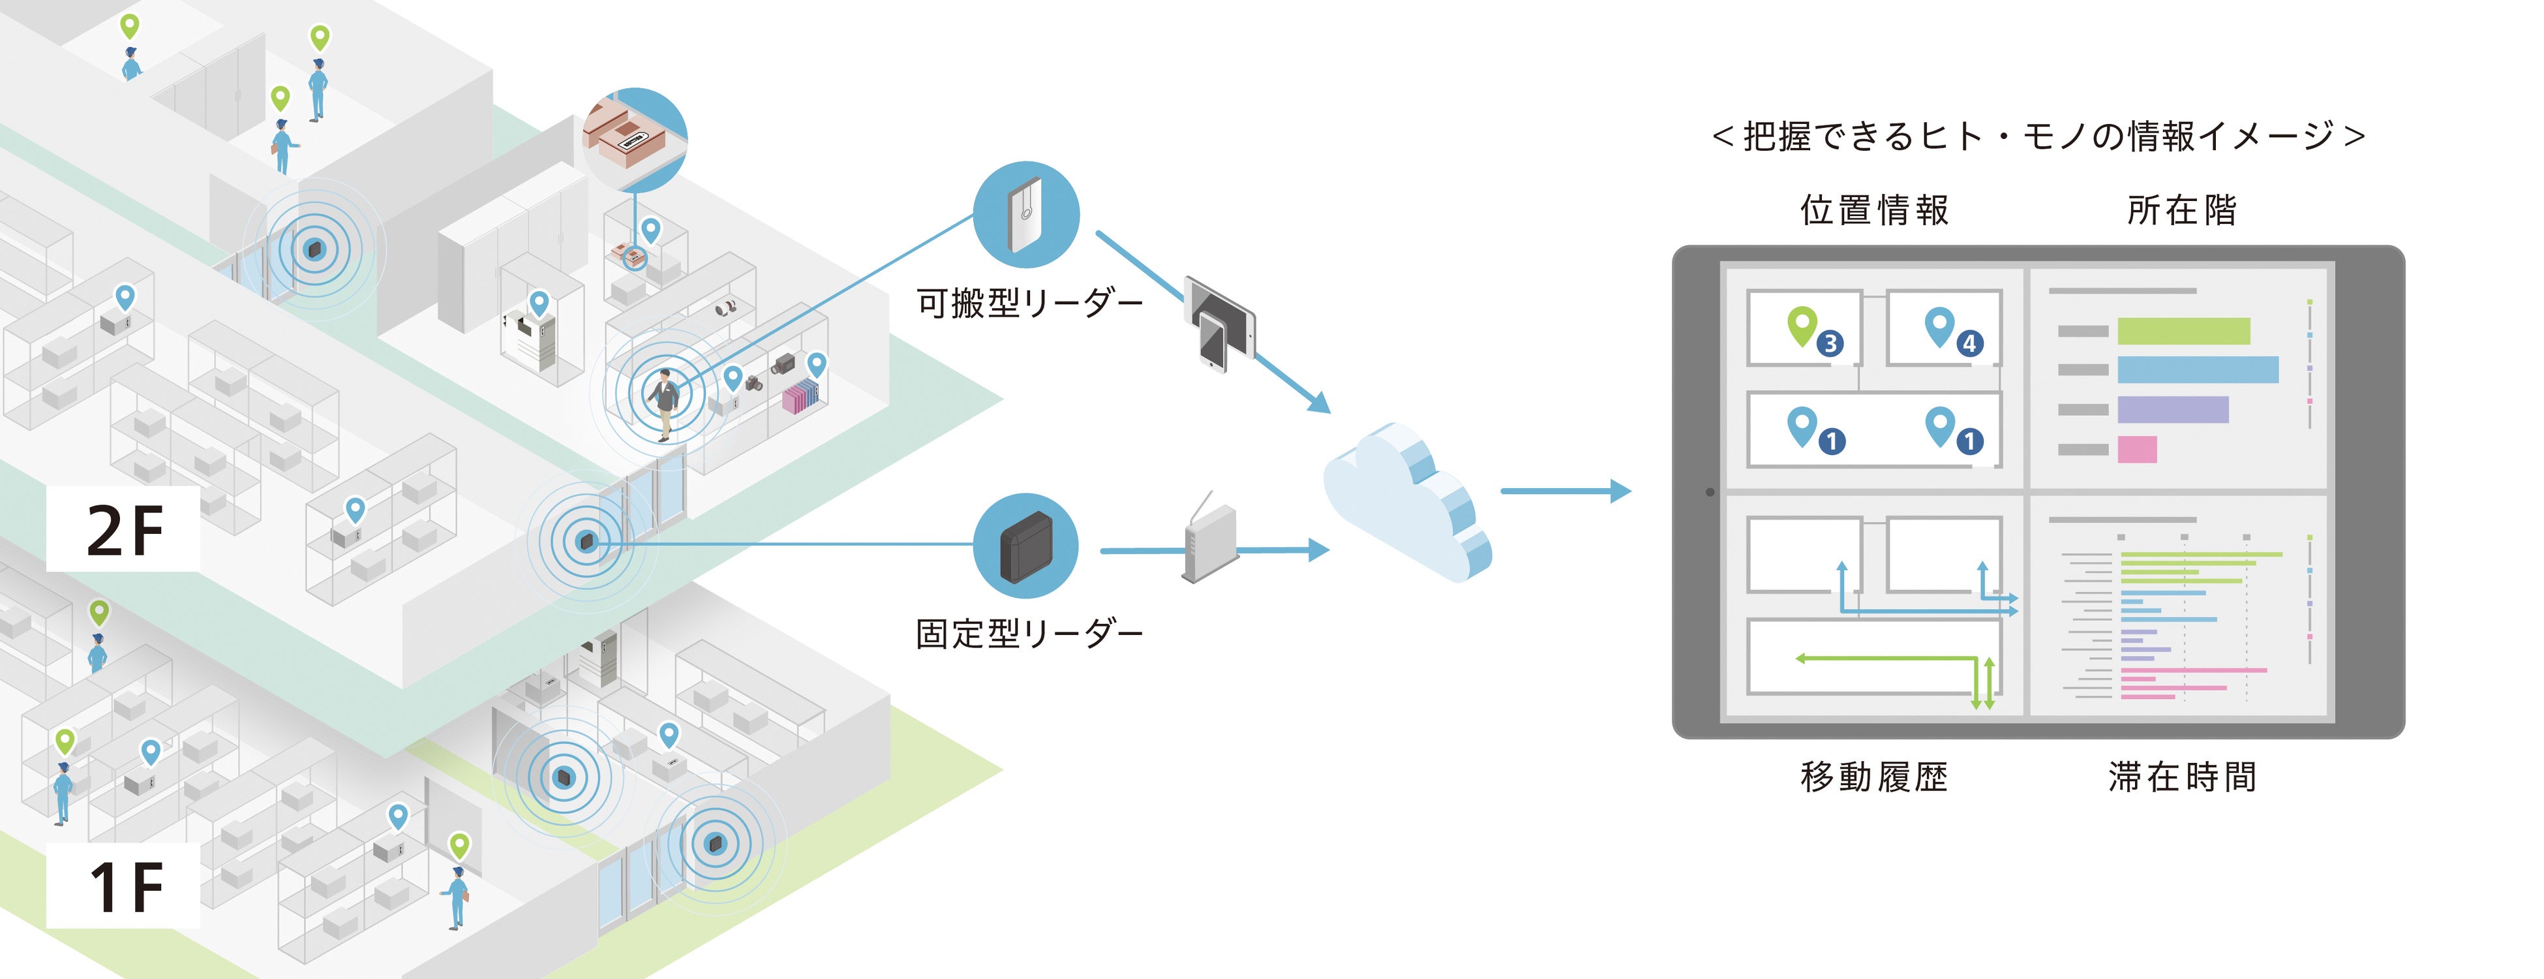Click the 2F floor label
point(125,531)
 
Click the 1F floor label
point(125,886)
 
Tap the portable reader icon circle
point(1025,214)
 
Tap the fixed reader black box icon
point(1025,546)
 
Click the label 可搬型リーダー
point(1029,302)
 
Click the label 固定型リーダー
point(1029,633)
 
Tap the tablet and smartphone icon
point(1220,324)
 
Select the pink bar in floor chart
point(2136,450)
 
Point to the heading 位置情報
point(1873,210)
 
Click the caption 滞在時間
point(2181,777)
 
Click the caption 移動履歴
point(1873,777)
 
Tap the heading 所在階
point(2181,210)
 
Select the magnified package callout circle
point(635,139)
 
